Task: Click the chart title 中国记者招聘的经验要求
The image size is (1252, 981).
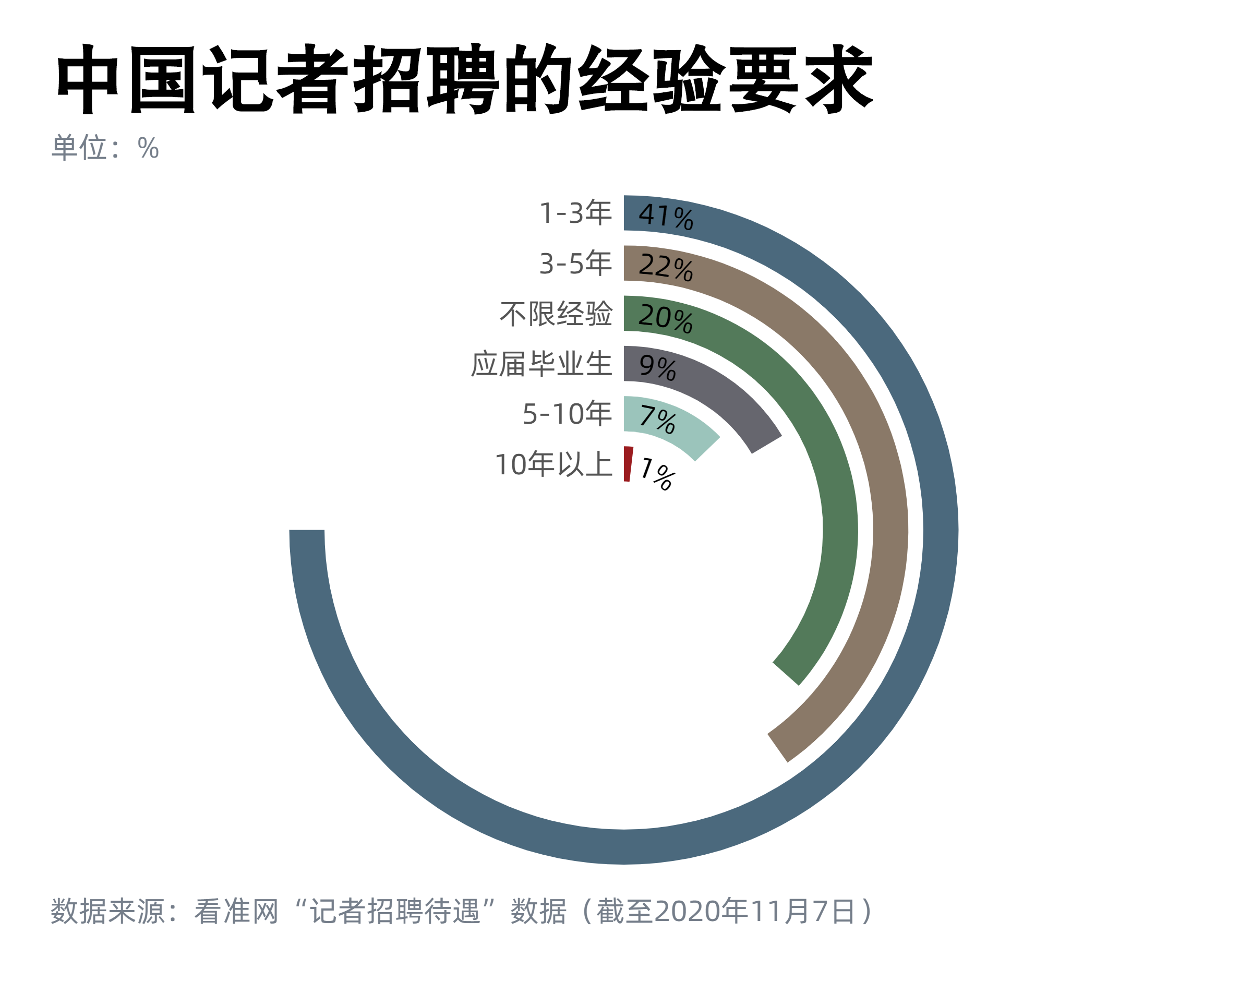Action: pyautogui.click(x=464, y=79)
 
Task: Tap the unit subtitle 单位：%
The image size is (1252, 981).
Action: pyautogui.click(x=105, y=148)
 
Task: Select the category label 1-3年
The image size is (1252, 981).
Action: pyautogui.click(x=575, y=213)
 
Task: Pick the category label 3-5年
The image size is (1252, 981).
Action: pyautogui.click(x=575, y=264)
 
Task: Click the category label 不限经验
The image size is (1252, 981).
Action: pyautogui.click(x=556, y=314)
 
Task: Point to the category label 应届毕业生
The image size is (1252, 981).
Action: pyautogui.click(x=541, y=364)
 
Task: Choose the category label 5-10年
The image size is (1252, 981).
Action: pyautogui.click(x=567, y=414)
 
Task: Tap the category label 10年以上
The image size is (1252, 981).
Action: pyautogui.click(x=553, y=464)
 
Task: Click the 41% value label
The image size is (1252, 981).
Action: pyautogui.click(x=665, y=217)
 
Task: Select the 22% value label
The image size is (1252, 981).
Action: pyautogui.click(x=665, y=267)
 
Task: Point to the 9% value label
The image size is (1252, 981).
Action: pyautogui.click(x=657, y=367)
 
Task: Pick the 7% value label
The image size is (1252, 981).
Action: pyautogui.click(x=657, y=420)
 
